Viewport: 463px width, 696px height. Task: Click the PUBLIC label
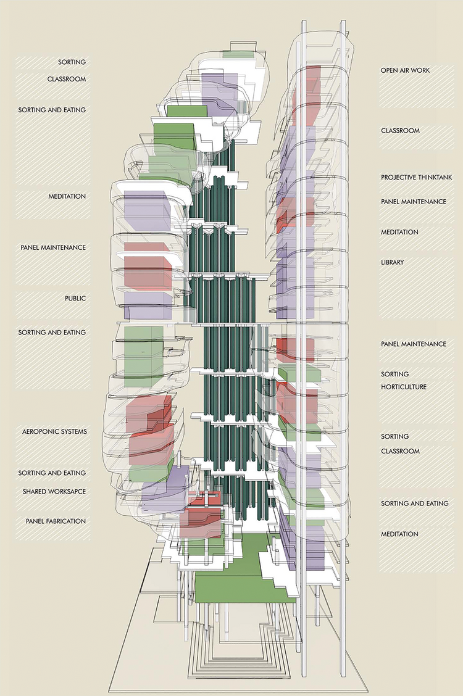click(x=75, y=299)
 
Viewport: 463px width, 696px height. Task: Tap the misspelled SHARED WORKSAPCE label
click(x=54, y=491)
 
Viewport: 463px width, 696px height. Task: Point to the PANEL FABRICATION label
click(x=56, y=521)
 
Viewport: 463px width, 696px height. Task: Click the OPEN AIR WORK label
click(x=405, y=70)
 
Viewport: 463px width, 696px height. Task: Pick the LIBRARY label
click(x=393, y=263)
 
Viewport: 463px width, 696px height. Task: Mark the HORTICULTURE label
click(x=404, y=387)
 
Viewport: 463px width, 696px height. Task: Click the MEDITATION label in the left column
click(x=67, y=197)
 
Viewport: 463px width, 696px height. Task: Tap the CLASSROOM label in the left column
click(x=67, y=80)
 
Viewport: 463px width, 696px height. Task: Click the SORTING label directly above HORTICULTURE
click(x=395, y=375)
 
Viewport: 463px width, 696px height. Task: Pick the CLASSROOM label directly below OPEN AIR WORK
click(x=400, y=131)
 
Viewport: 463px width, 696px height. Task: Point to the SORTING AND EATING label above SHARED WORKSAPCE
click(x=52, y=473)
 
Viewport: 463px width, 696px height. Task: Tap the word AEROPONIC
click(x=36, y=432)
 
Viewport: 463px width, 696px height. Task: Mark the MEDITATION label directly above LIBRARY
click(x=399, y=233)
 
